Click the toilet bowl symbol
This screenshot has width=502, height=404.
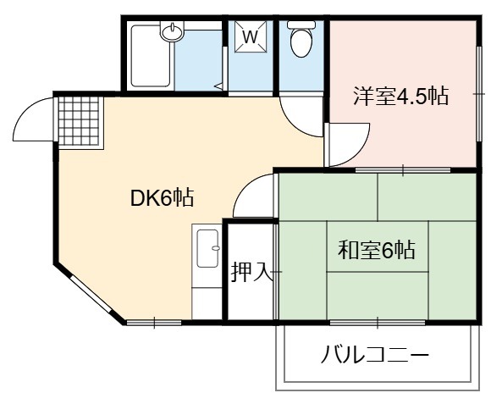point(301,39)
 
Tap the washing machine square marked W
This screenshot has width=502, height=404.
point(251,36)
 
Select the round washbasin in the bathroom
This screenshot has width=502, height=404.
point(172,31)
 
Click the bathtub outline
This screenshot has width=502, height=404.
point(150,56)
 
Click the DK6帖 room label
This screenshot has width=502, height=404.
point(162,198)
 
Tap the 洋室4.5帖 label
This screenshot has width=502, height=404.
point(400,96)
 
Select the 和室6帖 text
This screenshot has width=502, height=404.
point(377,250)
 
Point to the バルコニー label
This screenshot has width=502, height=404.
point(374,355)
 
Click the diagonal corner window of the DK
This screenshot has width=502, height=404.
point(91,295)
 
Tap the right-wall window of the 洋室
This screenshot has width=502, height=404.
point(479,94)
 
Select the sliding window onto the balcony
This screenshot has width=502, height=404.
point(378,323)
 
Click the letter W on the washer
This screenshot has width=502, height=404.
point(251,37)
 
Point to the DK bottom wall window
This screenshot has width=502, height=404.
point(154,323)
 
